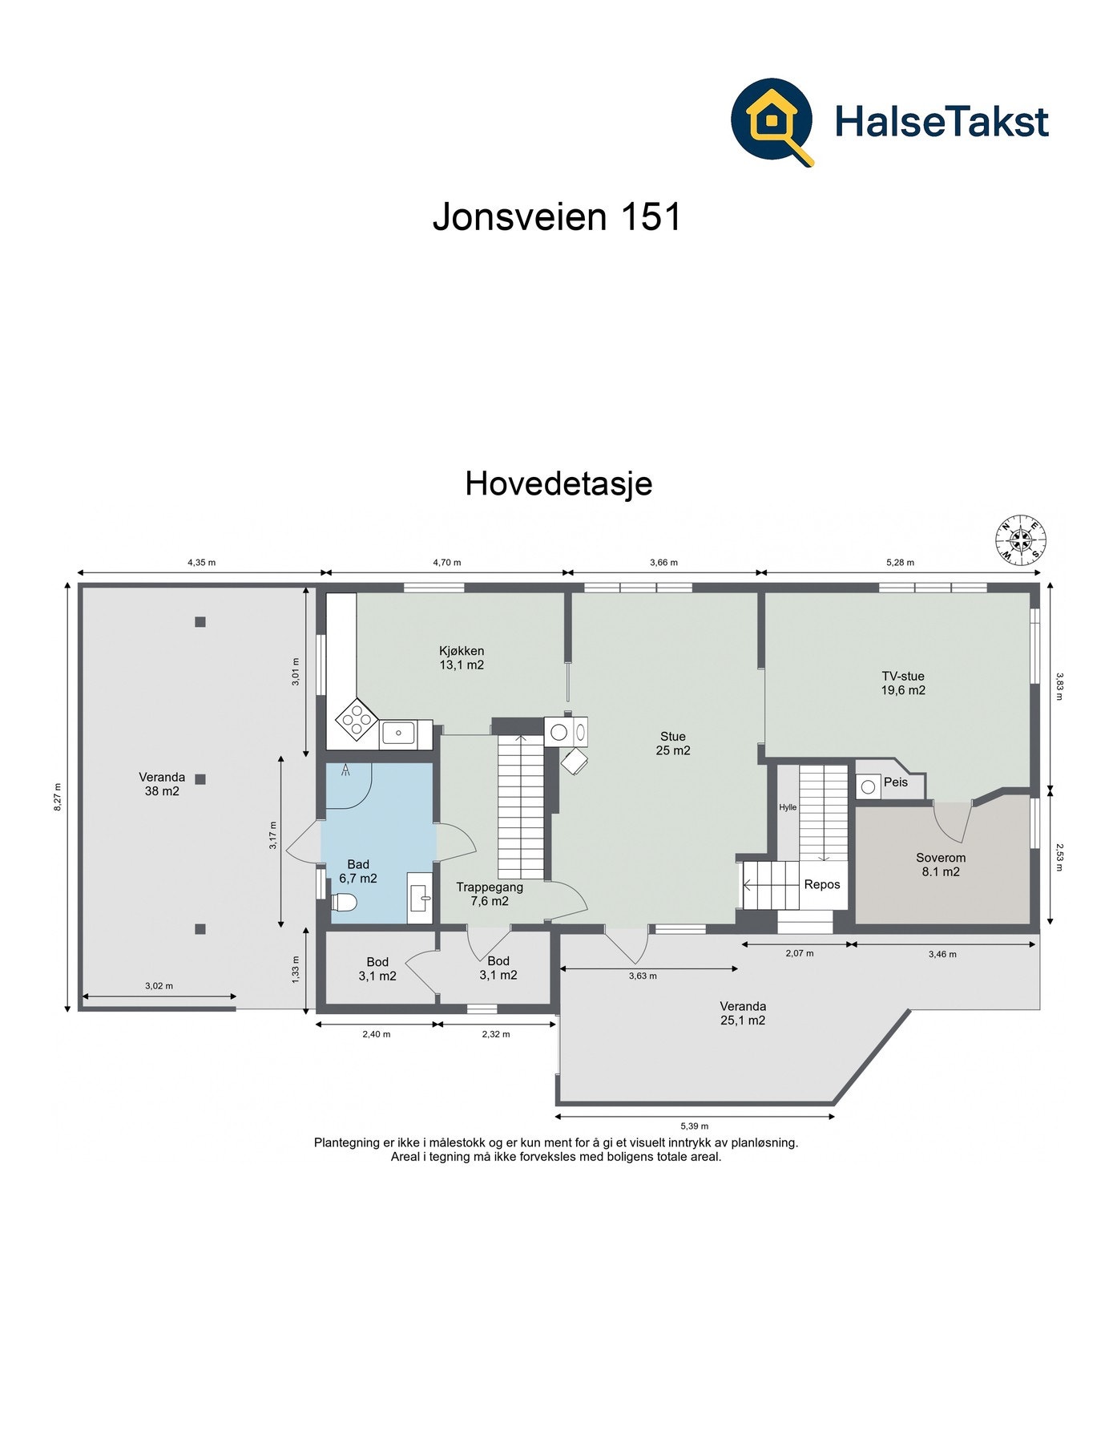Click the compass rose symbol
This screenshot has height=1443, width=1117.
pos(1019,538)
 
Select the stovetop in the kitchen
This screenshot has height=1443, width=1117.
pos(357,718)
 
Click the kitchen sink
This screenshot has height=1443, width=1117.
pos(398,733)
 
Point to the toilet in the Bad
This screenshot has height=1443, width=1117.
pos(344,903)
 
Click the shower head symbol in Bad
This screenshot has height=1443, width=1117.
pos(346,771)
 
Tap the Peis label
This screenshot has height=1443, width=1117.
pos(895,782)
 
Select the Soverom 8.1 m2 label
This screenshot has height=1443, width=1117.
pos(941,864)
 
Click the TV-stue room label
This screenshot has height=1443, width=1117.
pos(903,683)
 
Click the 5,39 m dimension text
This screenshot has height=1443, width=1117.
pos(694,1126)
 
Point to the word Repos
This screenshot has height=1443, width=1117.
pos(822,884)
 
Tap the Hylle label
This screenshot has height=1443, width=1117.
pos(788,807)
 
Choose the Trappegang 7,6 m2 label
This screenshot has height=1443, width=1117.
pos(490,894)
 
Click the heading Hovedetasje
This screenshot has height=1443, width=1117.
pos(558,483)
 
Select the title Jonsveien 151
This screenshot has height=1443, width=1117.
pos(557,216)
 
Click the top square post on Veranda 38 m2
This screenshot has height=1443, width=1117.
pos(200,621)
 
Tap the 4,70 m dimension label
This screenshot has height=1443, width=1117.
pos(446,563)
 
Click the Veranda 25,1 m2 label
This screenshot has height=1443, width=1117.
pos(743,1013)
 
